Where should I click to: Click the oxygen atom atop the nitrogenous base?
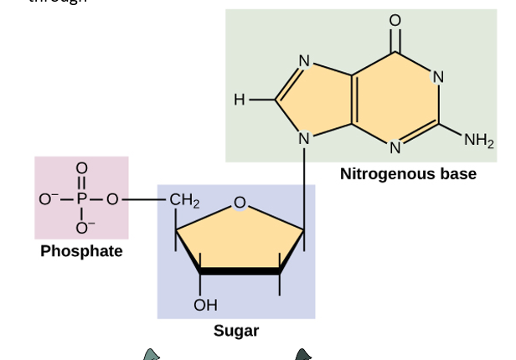[395, 20]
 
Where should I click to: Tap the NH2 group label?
[478, 141]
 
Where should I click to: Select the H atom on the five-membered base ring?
[240, 100]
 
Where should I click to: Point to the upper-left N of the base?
[304, 60]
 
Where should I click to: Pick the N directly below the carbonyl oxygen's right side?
[437, 77]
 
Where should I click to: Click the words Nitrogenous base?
[408, 174]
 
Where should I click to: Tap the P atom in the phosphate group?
[81, 199]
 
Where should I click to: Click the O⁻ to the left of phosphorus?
[46, 199]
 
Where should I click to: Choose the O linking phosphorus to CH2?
[112, 199]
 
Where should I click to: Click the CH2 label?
[184, 201]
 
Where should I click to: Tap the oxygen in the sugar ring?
[240, 202]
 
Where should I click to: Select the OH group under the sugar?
[204, 305]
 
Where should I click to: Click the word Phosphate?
[81, 251]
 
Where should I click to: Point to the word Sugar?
[236, 331]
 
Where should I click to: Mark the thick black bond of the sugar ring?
[240, 271]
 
